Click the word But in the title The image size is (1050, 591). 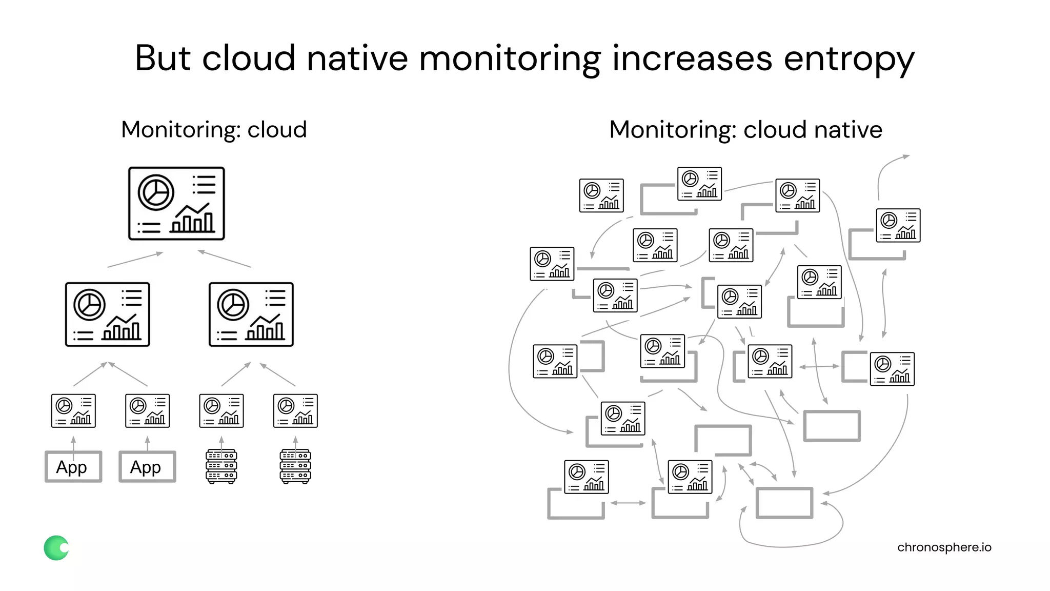click(x=163, y=58)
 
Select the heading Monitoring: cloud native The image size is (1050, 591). click(x=745, y=129)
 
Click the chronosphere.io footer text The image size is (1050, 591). click(x=944, y=547)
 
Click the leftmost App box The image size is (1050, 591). click(x=73, y=467)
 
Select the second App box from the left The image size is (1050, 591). click(x=147, y=467)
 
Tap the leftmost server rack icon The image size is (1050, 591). click(x=221, y=466)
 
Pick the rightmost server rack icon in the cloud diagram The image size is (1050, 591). click(x=295, y=466)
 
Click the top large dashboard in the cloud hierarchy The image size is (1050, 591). click(x=176, y=203)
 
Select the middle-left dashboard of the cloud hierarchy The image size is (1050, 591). click(x=108, y=314)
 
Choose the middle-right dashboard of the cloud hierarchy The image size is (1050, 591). click(x=251, y=314)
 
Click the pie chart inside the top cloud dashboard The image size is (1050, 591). click(x=156, y=192)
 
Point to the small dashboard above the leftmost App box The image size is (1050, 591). click(x=73, y=410)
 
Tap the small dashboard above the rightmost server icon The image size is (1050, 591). click(x=295, y=410)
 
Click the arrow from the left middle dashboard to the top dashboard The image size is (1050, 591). click(x=135, y=260)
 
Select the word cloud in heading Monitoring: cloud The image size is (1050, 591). click(x=277, y=129)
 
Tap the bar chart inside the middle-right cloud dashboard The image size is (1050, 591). click(x=265, y=328)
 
